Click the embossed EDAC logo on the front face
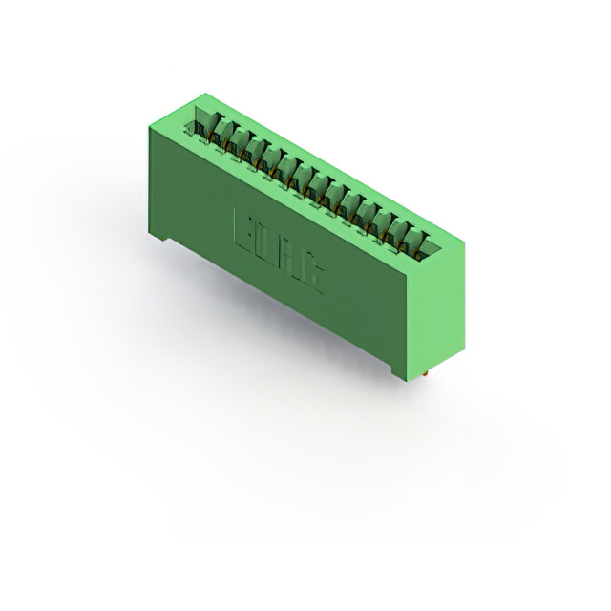click(x=279, y=250)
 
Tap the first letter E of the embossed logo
click(x=242, y=227)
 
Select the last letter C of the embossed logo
click(x=316, y=278)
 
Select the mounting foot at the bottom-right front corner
click(x=399, y=369)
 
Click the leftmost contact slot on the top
click(x=202, y=123)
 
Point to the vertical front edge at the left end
click(x=148, y=181)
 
